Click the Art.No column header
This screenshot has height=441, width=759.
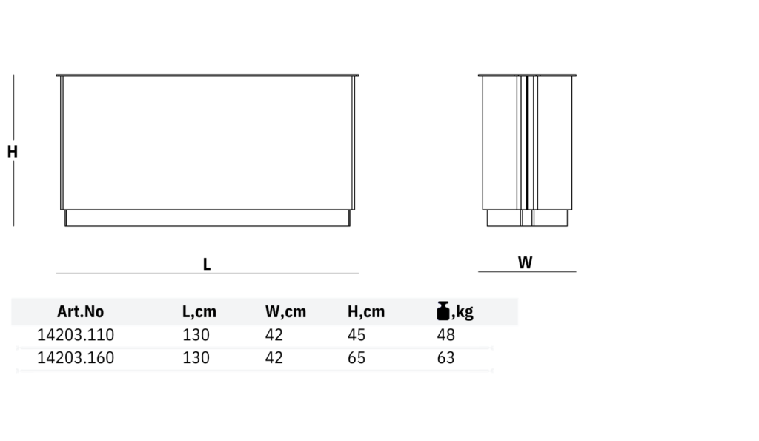click(80, 311)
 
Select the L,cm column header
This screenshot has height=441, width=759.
click(199, 312)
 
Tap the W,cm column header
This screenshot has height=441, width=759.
click(285, 312)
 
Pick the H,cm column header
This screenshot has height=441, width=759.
click(366, 312)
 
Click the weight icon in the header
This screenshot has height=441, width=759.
click(443, 311)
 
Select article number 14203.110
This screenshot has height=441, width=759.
click(76, 334)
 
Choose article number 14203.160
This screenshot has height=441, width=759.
click(76, 357)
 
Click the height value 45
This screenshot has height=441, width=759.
click(357, 334)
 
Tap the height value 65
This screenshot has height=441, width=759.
click(357, 357)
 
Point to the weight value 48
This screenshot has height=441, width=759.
click(445, 334)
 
